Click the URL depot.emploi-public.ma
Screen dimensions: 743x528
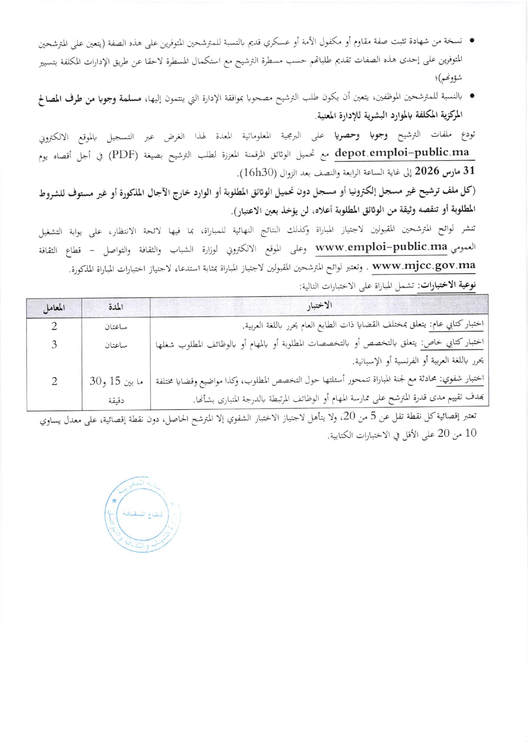402,152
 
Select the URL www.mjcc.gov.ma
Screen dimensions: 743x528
423,266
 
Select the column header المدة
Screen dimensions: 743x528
116,307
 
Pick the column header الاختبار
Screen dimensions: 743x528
319,306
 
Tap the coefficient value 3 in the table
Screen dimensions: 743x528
54,345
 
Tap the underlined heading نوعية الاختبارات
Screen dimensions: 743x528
447,286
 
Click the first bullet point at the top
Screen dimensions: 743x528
471,41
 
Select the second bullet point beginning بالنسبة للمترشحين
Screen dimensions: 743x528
471,97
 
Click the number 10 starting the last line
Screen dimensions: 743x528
470,433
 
